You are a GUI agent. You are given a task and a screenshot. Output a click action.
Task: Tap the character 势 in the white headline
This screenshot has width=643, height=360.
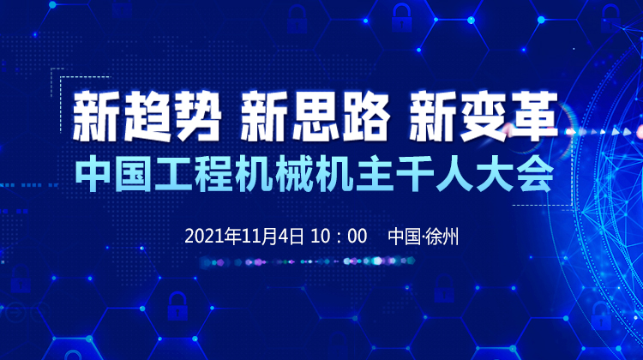click(x=198, y=117)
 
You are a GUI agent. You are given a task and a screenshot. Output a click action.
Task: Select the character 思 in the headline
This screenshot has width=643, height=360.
click(x=315, y=117)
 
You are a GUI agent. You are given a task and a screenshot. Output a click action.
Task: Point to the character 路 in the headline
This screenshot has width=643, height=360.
click(x=365, y=117)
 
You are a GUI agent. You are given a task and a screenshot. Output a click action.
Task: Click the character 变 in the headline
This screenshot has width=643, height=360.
click(x=483, y=117)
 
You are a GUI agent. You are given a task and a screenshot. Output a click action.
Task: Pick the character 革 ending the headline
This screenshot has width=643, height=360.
click(x=533, y=117)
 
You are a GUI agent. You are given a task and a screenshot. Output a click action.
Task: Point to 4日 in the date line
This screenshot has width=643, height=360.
click(x=291, y=237)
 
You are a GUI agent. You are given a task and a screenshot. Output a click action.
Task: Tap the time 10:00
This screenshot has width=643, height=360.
click(x=339, y=237)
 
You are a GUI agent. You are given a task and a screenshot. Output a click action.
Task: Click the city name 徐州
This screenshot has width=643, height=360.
click(x=442, y=237)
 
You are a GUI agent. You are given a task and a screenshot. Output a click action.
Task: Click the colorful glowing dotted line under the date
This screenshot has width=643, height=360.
click(x=308, y=261)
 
